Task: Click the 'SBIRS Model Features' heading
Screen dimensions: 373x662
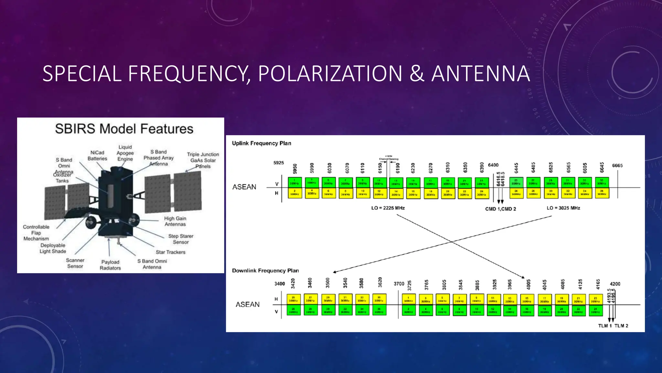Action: [124, 129]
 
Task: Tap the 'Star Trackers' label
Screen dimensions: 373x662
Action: [171, 252]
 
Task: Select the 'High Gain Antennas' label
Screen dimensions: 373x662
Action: [175, 221]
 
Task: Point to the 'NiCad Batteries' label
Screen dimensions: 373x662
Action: [97, 155]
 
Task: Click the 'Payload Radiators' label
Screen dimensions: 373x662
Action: [110, 265]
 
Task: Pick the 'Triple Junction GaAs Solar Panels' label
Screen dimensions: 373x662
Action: [203, 160]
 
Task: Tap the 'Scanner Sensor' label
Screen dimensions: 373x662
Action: [75, 263]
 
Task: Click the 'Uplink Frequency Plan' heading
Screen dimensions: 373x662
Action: [262, 143]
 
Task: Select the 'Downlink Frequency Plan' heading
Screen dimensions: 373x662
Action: [265, 270]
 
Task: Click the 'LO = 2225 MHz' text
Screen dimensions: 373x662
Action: [388, 208]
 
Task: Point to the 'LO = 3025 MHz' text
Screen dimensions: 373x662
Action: [563, 208]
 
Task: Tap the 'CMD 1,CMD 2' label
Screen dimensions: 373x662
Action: [500, 209]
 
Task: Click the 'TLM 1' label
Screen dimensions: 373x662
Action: [605, 326]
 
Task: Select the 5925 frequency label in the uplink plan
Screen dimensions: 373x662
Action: [279, 163]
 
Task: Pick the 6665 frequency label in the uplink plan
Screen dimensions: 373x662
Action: [617, 165]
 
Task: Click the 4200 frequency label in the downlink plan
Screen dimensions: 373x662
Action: [615, 284]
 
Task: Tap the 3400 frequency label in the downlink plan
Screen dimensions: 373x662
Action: [280, 284]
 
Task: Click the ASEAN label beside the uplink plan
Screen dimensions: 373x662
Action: [244, 187]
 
